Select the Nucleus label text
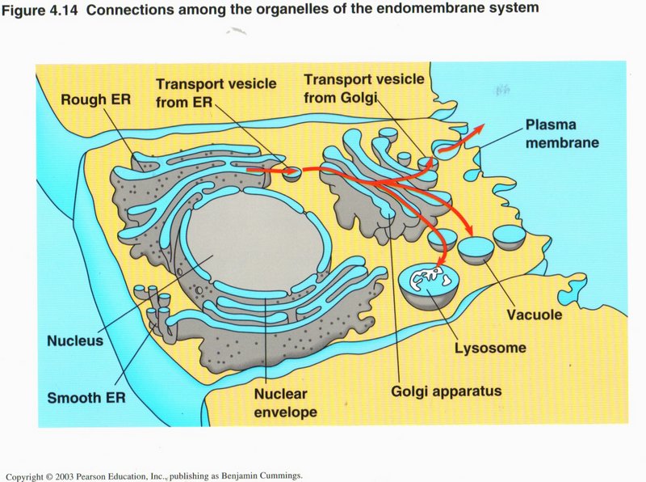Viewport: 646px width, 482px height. tap(75, 340)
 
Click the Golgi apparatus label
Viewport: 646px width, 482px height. tap(447, 391)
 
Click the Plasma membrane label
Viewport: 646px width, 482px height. tap(561, 134)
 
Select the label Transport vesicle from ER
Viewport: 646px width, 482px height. tap(216, 91)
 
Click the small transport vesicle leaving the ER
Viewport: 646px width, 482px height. tap(291, 172)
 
